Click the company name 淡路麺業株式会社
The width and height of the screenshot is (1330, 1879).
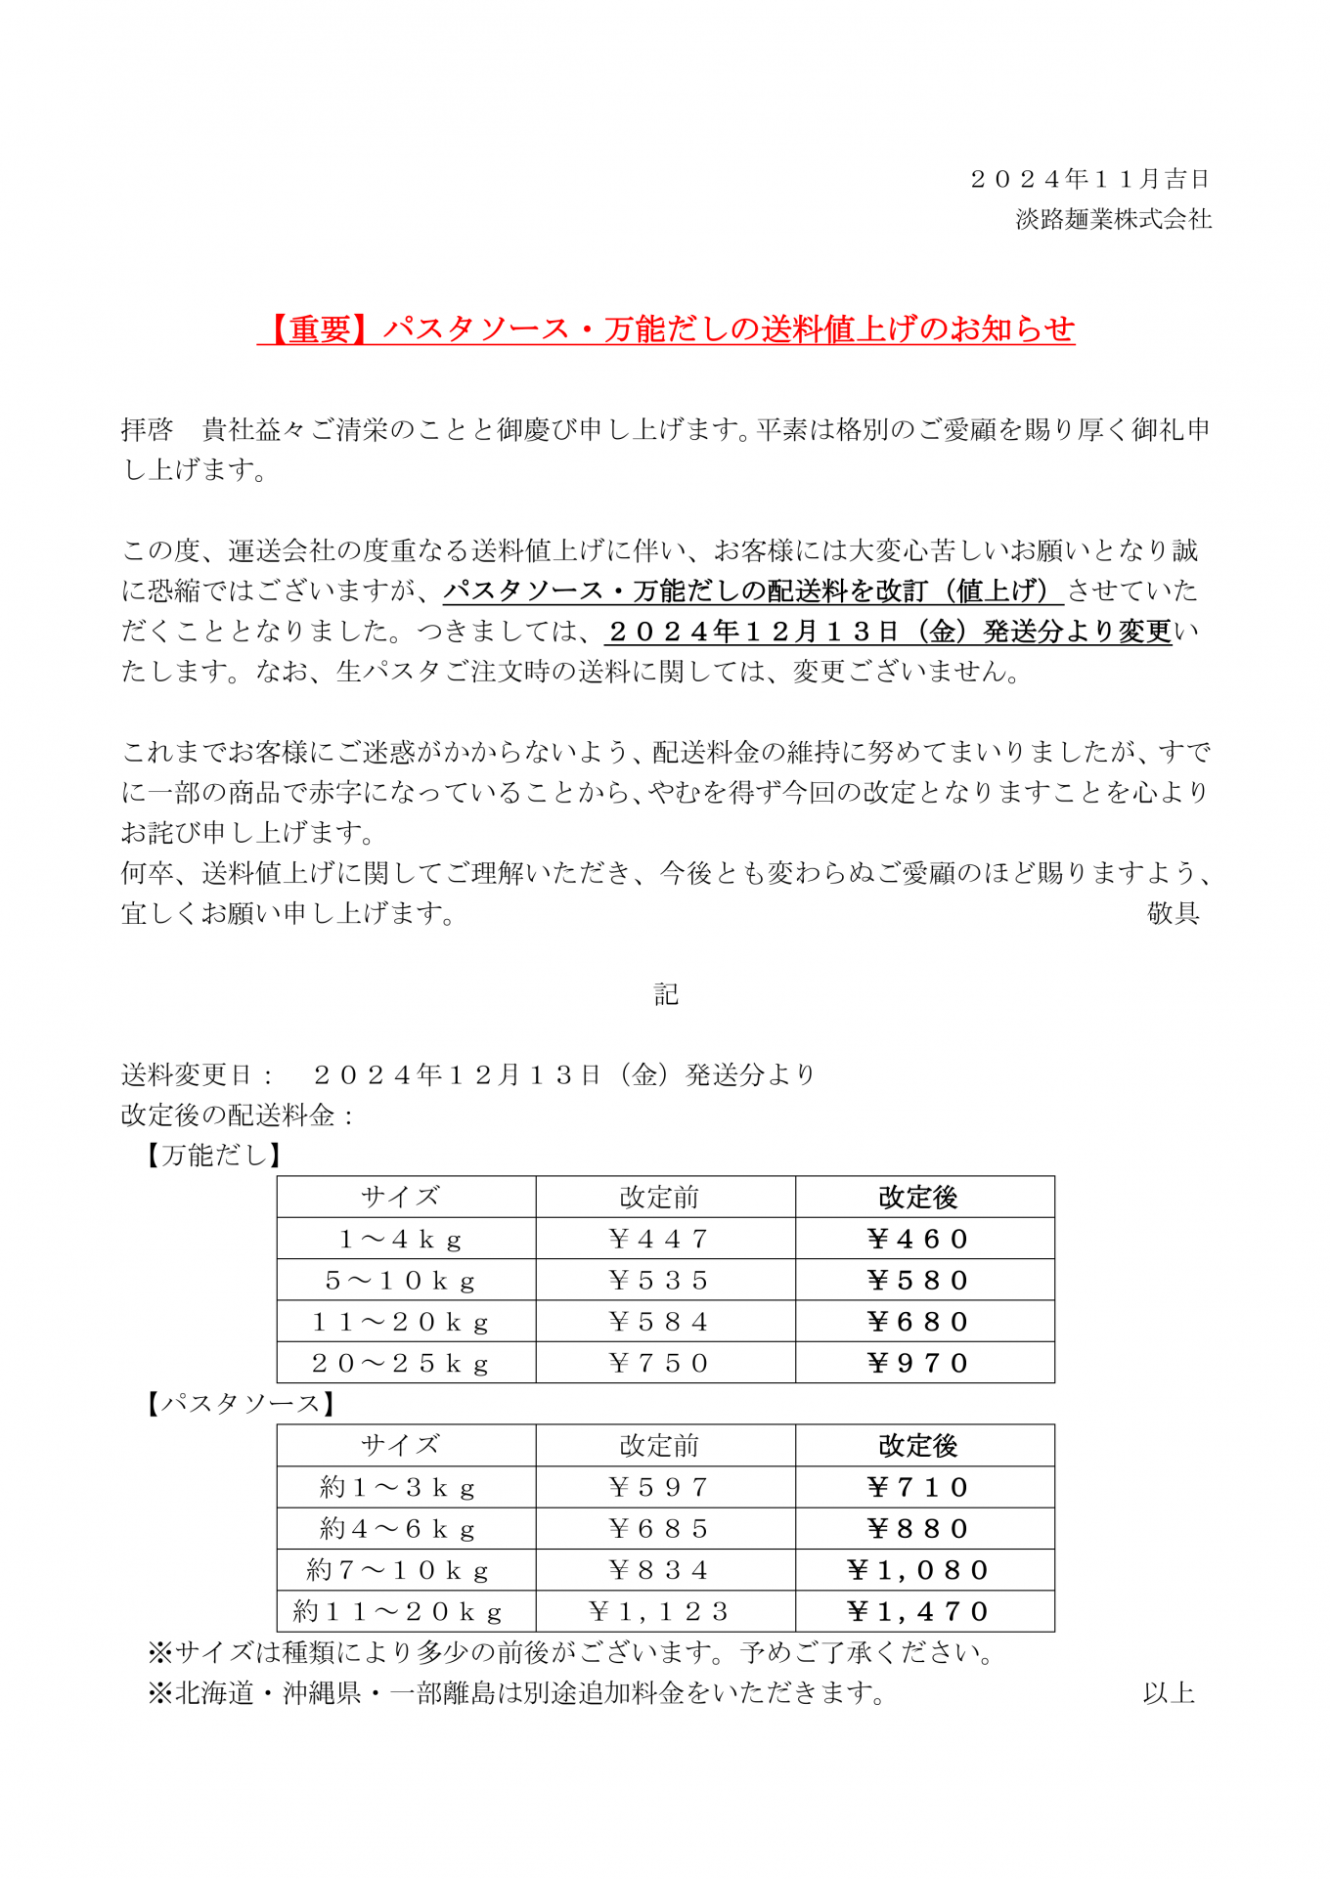pyautogui.click(x=1113, y=219)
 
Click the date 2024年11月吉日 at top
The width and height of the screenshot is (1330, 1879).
pyautogui.click(x=1090, y=179)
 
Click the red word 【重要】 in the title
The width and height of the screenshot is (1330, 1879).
pyautogui.click(x=320, y=329)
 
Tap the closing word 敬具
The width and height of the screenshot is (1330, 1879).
pyautogui.click(x=1173, y=913)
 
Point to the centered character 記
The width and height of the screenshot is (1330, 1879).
pyautogui.click(x=666, y=994)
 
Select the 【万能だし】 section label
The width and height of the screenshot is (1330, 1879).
pyautogui.click(x=214, y=1156)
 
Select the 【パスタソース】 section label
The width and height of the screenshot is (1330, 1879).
pyautogui.click(x=241, y=1404)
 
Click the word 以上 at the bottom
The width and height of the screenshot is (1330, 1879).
pyautogui.click(x=1169, y=1693)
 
